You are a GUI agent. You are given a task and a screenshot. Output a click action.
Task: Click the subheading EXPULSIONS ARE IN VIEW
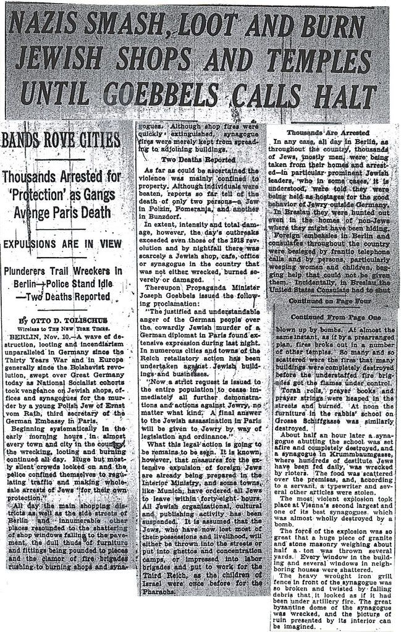coord(64,243)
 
